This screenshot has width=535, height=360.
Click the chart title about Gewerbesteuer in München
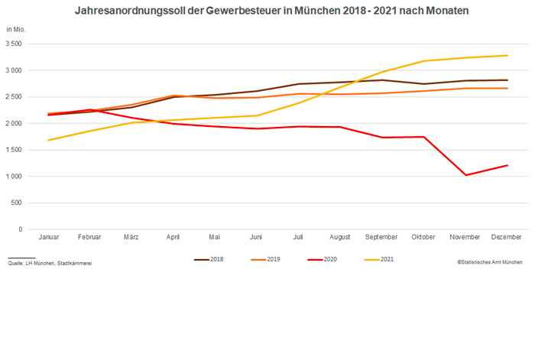[271, 11]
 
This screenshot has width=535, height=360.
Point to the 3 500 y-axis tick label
[13, 44]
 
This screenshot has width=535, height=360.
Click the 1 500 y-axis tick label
[13, 150]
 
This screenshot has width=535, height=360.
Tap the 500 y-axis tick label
[17, 203]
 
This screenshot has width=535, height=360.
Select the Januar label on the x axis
[48, 237]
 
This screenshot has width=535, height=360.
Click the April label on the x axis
[173, 237]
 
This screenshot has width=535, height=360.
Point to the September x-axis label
[381, 237]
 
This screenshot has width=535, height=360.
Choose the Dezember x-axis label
[507, 237]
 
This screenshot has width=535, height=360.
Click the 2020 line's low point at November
[465, 175]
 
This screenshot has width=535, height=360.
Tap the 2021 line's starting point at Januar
[48, 140]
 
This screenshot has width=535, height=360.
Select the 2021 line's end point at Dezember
[507, 55]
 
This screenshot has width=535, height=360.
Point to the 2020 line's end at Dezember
[507, 165]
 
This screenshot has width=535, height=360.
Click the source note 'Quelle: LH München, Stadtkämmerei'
[50, 263]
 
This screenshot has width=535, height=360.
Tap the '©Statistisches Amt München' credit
[490, 262]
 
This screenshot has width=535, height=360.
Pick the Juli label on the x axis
[298, 237]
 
